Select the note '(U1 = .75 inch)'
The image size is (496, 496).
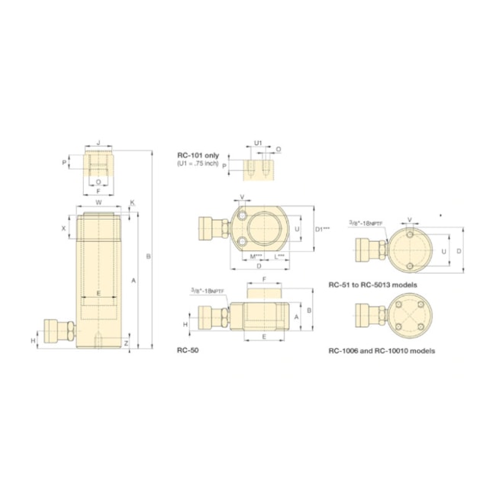click(x=198, y=163)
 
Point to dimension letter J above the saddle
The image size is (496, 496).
click(x=99, y=143)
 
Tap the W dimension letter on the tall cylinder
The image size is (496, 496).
click(x=99, y=202)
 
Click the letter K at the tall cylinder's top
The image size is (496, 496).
click(x=132, y=203)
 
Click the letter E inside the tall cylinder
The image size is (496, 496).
click(x=98, y=293)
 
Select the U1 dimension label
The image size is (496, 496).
click(x=257, y=143)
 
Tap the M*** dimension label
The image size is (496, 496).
click(x=256, y=256)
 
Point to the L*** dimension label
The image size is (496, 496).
click(x=279, y=256)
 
